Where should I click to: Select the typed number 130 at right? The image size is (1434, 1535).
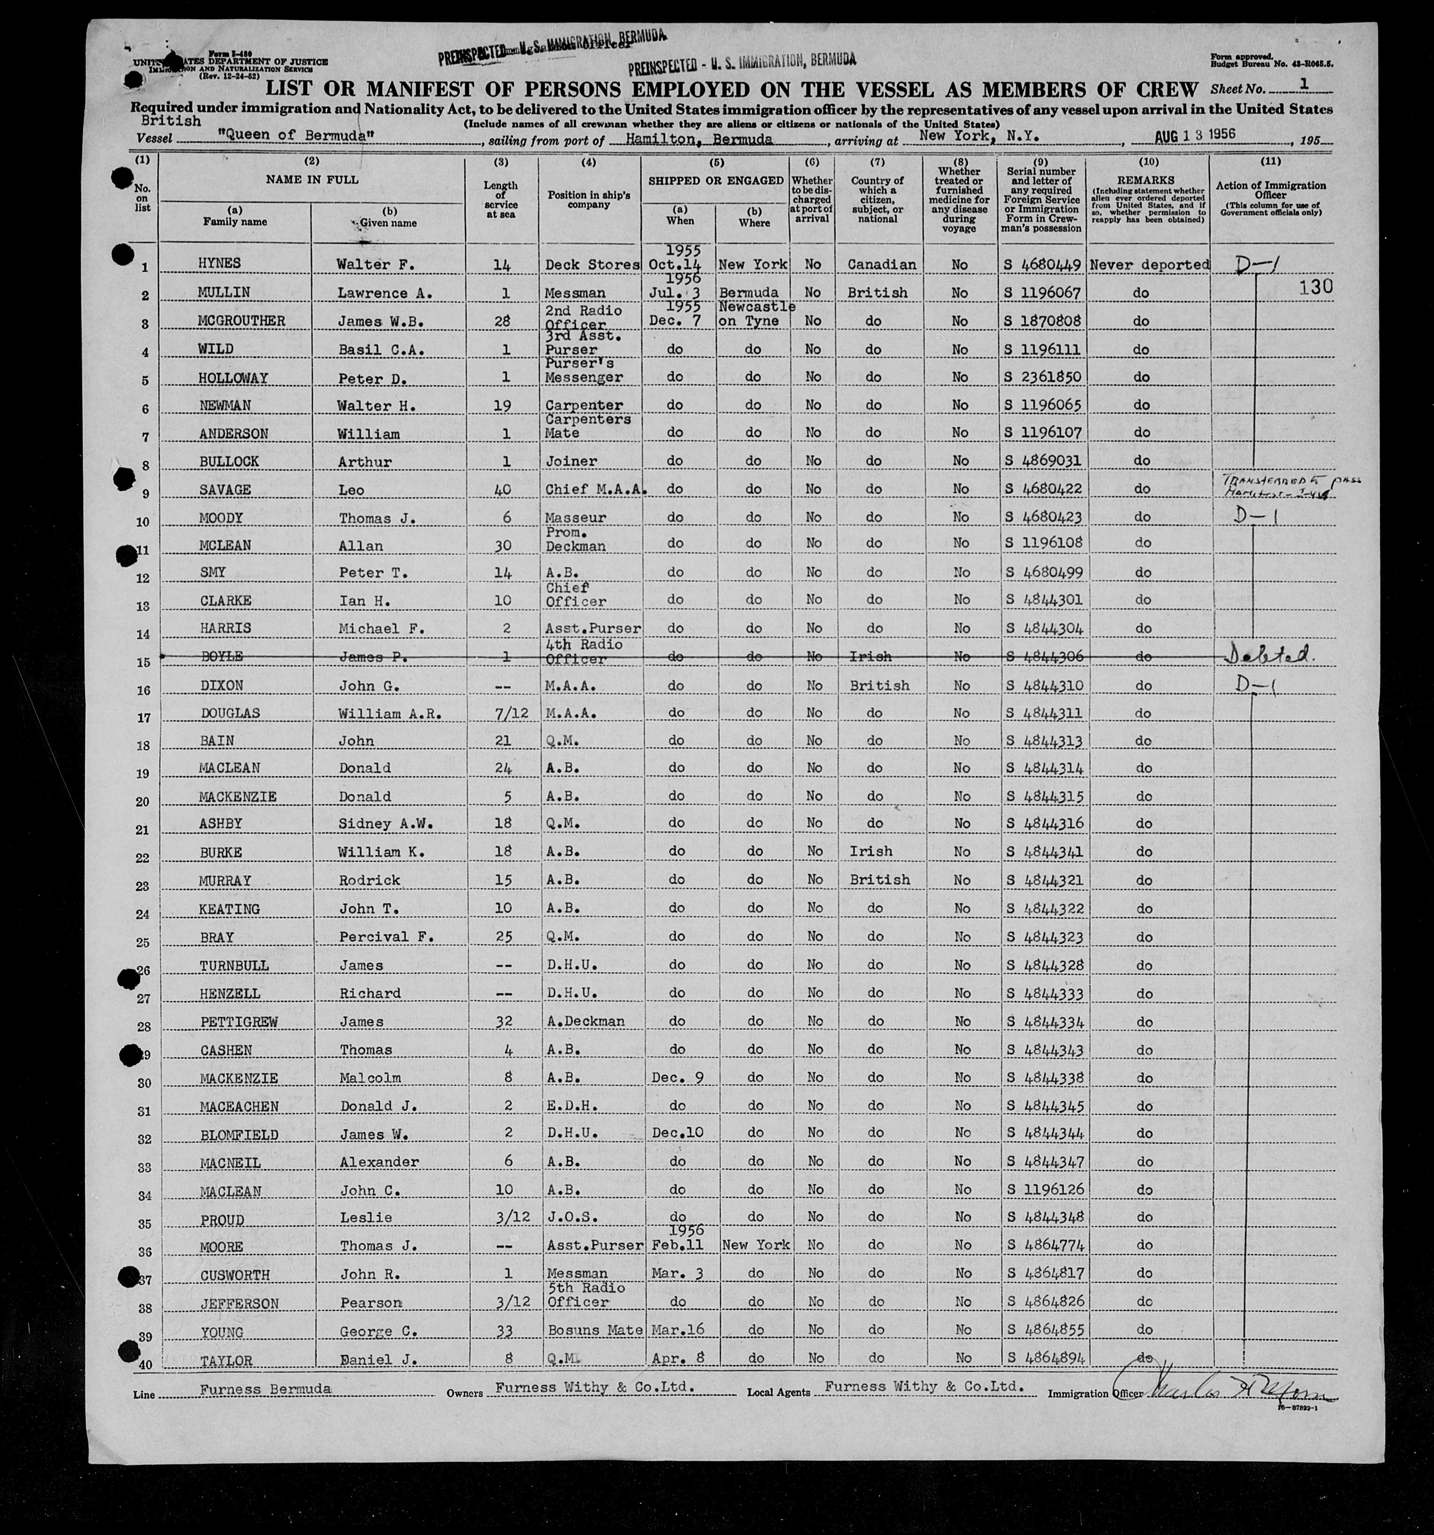[1316, 287]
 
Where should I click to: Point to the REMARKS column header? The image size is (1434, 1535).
[1147, 180]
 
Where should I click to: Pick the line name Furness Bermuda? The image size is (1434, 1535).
[265, 1388]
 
